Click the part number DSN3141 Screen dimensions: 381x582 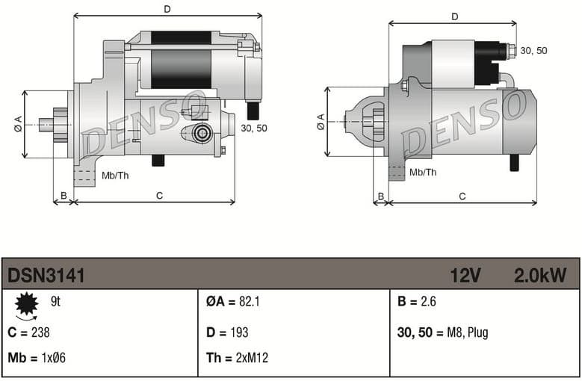pos(46,276)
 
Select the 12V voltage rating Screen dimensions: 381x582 pos(465,276)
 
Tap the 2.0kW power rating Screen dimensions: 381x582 pos(539,276)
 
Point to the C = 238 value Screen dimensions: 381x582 pos(28,332)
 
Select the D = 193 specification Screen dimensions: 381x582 pos(227,332)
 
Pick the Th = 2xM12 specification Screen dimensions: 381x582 pos(237,358)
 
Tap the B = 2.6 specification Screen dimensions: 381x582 pos(417,302)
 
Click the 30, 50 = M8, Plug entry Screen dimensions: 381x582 pos(442,332)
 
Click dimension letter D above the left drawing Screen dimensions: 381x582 pos(167,9)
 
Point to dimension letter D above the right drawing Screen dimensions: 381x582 pos(454,16)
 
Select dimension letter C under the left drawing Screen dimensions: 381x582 pos(159,196)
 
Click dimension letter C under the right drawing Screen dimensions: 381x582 pos(462,196)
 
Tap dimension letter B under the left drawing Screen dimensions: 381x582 pos(64,196)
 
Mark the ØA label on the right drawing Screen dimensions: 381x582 pos(321,122)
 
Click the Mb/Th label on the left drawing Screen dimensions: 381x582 pos(115,176)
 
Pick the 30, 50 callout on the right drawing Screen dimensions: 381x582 pos(533,50)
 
